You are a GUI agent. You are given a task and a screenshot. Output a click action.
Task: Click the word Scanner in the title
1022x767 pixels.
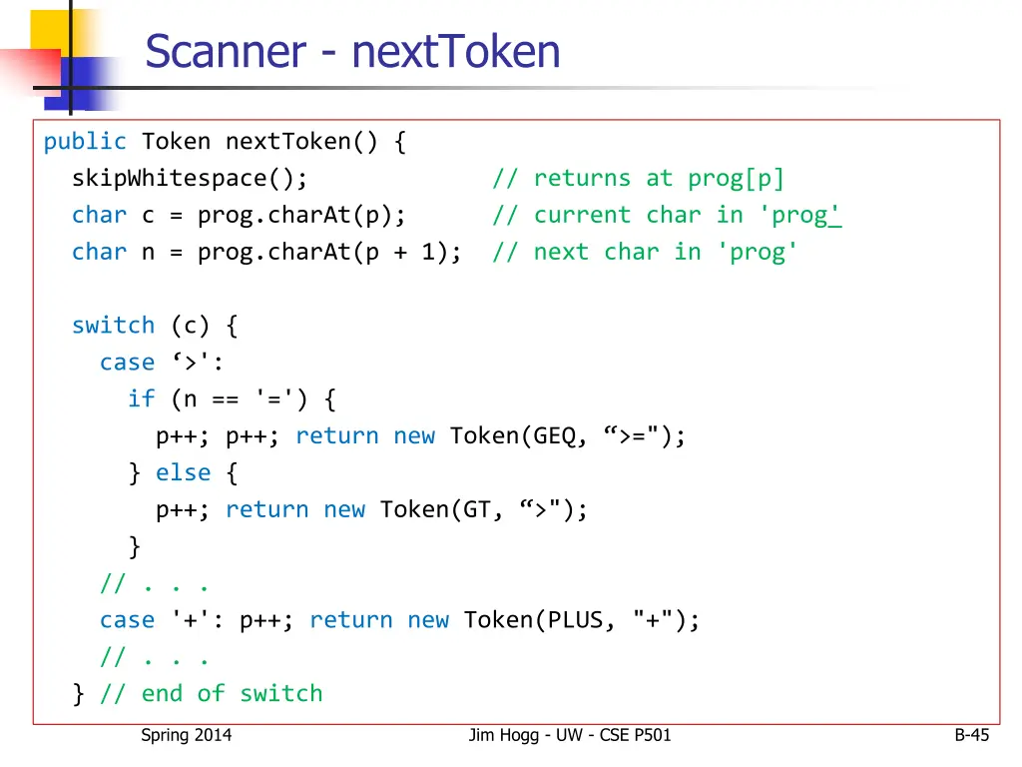pyautogui.click(x=225, y=51)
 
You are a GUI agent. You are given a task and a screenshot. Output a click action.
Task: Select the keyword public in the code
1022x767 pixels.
pyautogui.click(x=85, y=142)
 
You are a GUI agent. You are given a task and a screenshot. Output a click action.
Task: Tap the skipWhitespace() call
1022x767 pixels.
pyautogui.click(x=190, y=179)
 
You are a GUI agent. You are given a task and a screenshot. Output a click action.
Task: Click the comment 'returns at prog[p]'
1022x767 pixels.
pyautogui.click(x=638, y=179)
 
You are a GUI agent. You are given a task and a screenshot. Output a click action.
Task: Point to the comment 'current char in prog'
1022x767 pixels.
pyautogui.click(x=667, y=216)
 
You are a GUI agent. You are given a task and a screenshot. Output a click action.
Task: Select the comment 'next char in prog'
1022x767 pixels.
pyautogui.click(x=645, y=253)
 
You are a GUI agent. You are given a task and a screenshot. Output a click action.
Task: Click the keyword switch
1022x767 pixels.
pyautogui.click(x=113, y=326)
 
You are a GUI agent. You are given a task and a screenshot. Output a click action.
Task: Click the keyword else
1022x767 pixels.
pyautogui.click(x=183, y=472)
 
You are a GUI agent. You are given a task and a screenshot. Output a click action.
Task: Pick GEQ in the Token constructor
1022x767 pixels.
pyautogui.click(x=555, y=436)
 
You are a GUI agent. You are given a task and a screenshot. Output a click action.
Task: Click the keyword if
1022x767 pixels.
pyautogui.click(x=141, y=399)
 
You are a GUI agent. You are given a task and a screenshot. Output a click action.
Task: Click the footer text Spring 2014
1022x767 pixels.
pyautogui.click(x=186, y=736)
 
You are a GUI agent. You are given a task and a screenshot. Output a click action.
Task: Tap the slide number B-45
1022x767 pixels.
pyautogui.click(x=971, y=736)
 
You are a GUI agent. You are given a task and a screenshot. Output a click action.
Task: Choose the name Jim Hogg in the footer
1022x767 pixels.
pyautogui.click(x=503, y=736)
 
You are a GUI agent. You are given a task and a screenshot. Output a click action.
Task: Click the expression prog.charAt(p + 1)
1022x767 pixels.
pyautogui.click(x=329, y=253)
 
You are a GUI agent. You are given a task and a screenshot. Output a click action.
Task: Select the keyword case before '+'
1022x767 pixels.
pyautogui.click(x=127, y=620)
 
